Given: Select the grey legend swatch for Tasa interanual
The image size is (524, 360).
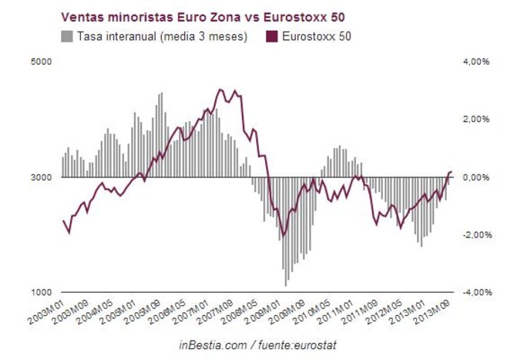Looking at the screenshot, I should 66,35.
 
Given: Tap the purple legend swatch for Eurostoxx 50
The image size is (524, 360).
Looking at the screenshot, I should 270,35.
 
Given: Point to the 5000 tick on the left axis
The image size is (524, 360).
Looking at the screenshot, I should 41,62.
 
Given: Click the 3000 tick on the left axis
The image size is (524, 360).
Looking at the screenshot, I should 41,177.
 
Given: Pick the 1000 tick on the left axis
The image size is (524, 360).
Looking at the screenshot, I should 41,293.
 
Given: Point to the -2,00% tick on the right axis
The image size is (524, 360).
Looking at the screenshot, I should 476,235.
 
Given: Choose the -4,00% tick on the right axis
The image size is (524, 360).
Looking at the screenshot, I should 476,293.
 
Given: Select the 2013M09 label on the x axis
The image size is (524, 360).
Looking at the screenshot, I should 434,312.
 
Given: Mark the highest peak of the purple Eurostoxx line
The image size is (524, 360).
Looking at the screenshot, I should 221,89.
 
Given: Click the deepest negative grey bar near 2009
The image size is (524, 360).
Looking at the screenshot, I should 286,285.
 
